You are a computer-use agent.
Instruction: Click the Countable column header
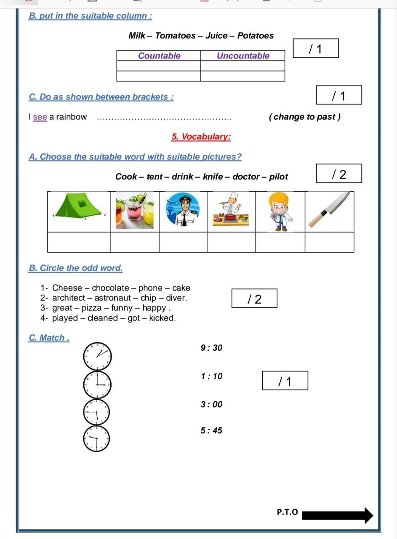[x=159, y=56]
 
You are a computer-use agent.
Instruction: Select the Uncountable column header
[x=243, y=56]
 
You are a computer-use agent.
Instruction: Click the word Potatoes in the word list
[x=256, y=36]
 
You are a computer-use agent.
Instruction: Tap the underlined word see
[x=40, y=117]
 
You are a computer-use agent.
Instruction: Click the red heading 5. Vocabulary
[x=201, y=137]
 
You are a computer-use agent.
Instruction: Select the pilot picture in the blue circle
[x=183, y=209]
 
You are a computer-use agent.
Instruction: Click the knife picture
[x=329, y=209]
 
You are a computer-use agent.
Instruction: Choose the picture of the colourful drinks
[x=135, y=211]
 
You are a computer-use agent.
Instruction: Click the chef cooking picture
[x=231, y=211]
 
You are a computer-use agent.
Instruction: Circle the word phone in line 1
[x=150, y=288]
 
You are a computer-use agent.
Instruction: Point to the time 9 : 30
[x=211, y=348]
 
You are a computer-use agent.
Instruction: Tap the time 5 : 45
[x=211, y=430]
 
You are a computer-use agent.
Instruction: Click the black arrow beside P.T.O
[x=337, y=515]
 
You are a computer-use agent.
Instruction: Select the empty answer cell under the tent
[x=79, y=242]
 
